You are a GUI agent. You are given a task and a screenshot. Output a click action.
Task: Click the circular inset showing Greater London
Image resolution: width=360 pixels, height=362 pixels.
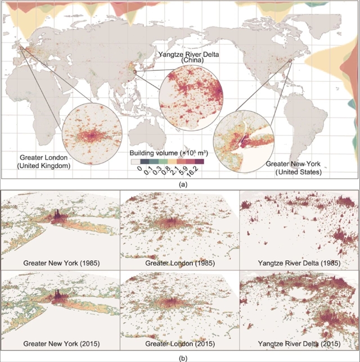click(x=92, y=135)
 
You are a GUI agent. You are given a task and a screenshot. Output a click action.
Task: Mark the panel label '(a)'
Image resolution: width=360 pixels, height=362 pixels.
click(x=180, y=183)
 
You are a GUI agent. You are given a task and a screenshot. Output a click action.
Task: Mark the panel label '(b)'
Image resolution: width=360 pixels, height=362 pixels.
click(x=180, y=356)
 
